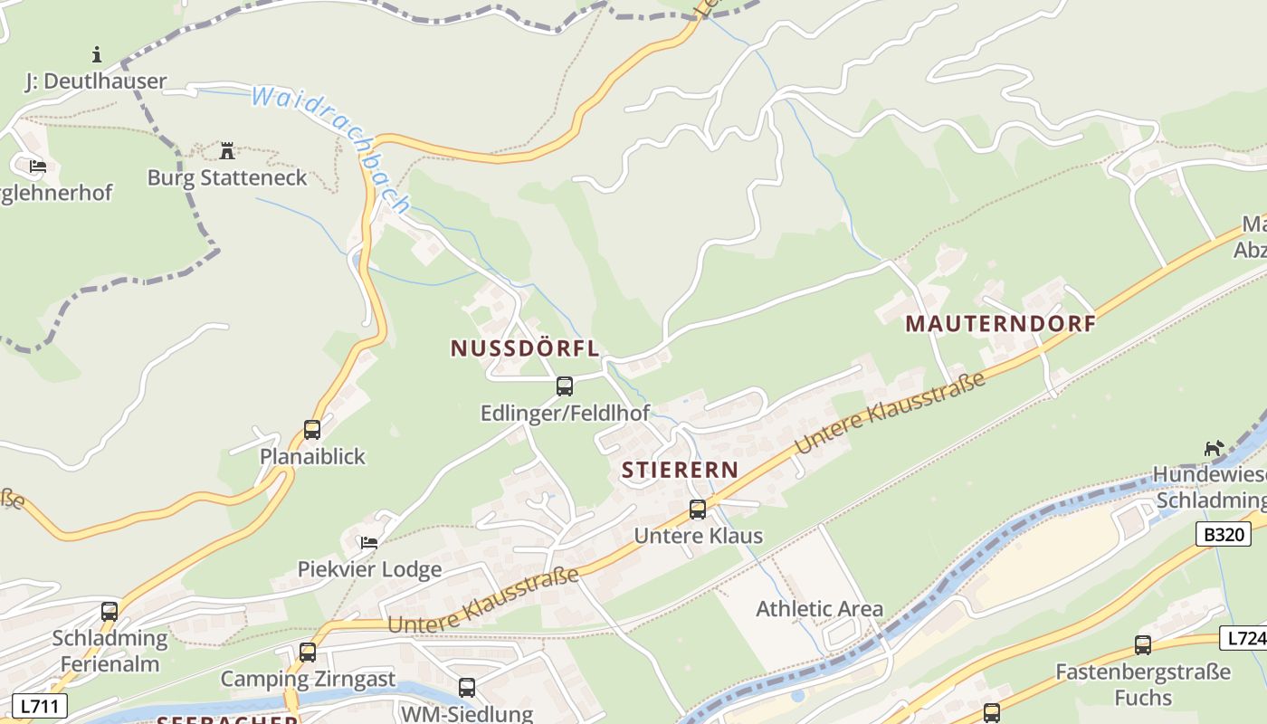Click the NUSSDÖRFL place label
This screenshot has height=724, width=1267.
click(x=525, y=348)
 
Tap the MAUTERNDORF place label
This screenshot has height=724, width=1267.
click(x=1000, y=323)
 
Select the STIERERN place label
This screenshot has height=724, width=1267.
click(x=680, y=470)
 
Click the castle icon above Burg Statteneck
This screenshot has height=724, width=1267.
click(x=227, y=150)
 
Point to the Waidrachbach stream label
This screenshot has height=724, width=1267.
click(x=330, y=147)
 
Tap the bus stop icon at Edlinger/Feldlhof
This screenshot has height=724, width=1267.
click(x=565, y=386)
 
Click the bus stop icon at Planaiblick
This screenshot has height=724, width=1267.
click(x=312, y=430)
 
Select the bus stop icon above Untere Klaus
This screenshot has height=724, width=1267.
click(x=698, y=509)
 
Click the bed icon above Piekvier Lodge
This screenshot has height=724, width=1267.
click(x=369, y=543)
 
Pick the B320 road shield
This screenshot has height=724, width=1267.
click(x=1224, y=535)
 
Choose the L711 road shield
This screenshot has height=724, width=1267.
click(x=40, y=705)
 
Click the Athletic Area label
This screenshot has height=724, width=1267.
click(x=819, y=609)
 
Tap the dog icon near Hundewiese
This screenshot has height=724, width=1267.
click(x=1214, y=448)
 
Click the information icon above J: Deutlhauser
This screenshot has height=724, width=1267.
click(x=97, y=54)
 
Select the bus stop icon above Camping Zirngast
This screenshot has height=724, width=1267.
click(x=308, y=652)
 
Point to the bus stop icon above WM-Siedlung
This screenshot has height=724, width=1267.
click(x=467, y=687)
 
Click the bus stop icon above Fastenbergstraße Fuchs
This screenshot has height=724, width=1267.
click(x=1143, y=645)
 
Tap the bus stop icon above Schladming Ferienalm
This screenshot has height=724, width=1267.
click(x=110, y=612)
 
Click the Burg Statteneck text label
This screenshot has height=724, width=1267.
click(x=227, y=177)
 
